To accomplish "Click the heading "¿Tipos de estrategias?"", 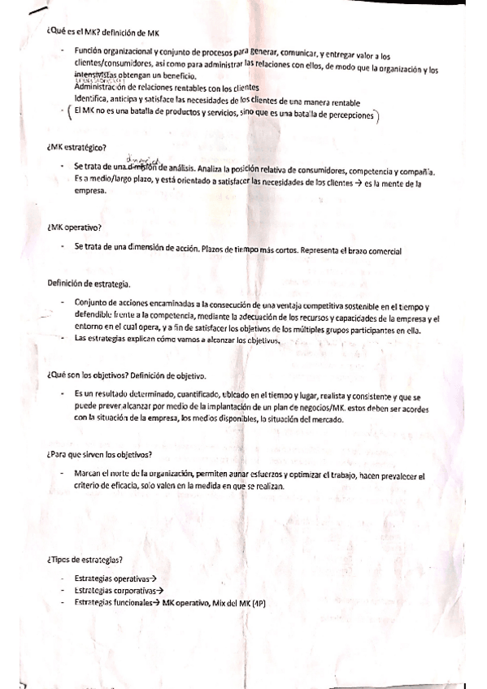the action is click(x=85, y=560).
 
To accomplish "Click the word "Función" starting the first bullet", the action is click(x=89, y=50).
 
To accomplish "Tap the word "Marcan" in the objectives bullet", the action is click(x=88, y=473).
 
